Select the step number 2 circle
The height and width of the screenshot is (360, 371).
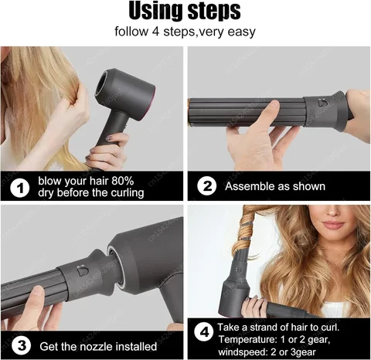[206, 186]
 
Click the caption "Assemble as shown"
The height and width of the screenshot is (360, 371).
[274, 186]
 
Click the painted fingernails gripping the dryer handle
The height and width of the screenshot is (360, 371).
[113, 141]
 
